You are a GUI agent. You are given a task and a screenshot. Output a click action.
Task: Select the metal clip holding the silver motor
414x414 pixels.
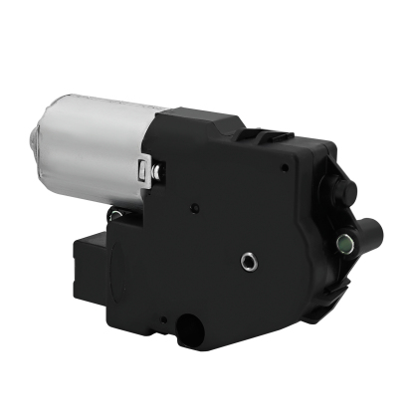(x=149, y=165)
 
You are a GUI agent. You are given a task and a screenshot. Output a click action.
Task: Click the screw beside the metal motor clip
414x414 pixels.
(x=159, y=175)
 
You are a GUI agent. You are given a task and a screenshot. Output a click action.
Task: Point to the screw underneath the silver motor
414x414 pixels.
(x=116, y=211)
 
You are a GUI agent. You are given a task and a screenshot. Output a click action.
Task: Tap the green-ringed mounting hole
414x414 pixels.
(x=344, y=241)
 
